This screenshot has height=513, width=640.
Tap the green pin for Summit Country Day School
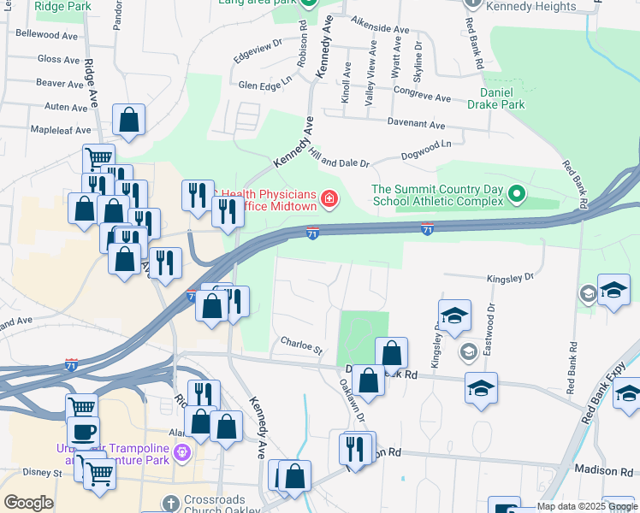516,195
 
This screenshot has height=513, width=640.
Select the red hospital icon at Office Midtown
329,200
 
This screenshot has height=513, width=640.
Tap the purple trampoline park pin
181,451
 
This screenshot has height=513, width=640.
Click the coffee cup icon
83,432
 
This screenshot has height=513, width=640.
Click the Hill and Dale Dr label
339,156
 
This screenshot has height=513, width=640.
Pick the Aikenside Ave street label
380,28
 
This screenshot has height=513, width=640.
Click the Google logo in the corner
28,503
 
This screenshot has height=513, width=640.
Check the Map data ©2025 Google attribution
587,507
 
